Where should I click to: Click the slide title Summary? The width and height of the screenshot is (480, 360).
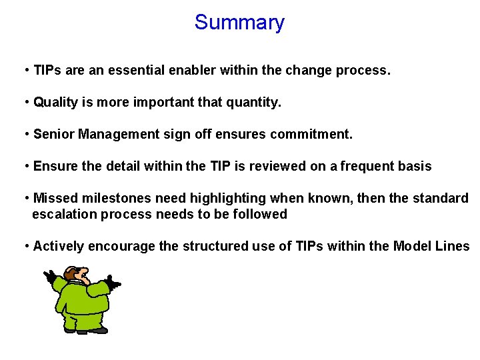click(239, 23)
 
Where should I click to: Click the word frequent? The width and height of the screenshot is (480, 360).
click(369, 166)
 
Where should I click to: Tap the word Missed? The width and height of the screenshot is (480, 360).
click(55, 198)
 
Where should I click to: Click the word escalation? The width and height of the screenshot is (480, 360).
click(63, 214)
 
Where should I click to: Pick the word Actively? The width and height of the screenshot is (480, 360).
click(59, 246)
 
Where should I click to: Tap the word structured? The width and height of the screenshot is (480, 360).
click(213, 246)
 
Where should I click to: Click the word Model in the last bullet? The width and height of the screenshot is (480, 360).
click(412, 246)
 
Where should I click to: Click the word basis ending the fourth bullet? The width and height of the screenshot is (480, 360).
click(415, 166)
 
